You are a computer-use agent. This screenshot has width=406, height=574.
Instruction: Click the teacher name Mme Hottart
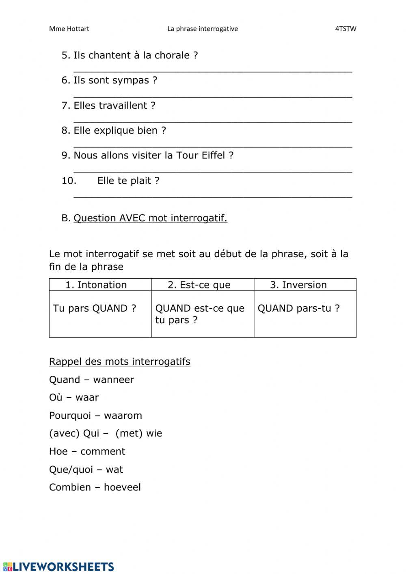(69, 29)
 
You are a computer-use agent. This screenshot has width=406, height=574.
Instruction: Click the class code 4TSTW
(346, 29)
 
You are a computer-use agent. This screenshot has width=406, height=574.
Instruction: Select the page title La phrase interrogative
(203, 29)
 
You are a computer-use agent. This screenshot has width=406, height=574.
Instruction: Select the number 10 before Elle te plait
(69, 181)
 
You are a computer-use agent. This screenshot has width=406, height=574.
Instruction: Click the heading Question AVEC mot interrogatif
(150, 218)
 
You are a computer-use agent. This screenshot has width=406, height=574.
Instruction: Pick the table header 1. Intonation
(96, 285)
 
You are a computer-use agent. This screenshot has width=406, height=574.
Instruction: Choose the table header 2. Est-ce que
(199, 285)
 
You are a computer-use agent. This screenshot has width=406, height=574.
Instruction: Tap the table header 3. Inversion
(298, 285)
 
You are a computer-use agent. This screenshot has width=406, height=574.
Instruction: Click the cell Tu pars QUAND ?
(95, 308)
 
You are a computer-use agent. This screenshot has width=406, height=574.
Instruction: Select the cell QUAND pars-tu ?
(299, 308)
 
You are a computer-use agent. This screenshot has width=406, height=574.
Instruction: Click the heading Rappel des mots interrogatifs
(120, 362)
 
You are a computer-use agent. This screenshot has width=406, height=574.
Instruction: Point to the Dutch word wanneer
(113, 380)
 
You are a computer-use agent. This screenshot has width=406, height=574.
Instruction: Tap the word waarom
(123, 416)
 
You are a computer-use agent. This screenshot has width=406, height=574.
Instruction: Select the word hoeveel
(122, 487)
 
